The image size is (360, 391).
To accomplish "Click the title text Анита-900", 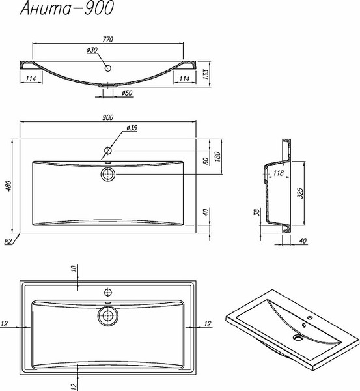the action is coord(67,8).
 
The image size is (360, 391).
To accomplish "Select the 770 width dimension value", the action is coord(107,39).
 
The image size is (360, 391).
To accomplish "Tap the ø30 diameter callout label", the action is coord(92,50).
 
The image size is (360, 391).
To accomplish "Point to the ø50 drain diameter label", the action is coord(127,93).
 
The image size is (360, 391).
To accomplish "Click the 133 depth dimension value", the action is coord(206,74).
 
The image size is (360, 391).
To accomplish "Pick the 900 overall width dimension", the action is coord(107,117).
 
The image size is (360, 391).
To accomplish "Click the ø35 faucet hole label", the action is coord(132,128).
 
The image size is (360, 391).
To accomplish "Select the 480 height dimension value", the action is coord(8,186).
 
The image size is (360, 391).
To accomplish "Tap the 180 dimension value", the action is coord(217,156).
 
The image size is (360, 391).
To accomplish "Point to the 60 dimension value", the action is coord(206,161).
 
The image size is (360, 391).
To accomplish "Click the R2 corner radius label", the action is coord(8,241).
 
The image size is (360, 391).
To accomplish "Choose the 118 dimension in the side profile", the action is coord(278,173).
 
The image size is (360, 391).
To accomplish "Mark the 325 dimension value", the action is coord(301,193).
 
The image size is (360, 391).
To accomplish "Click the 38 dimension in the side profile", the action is coord(257,212).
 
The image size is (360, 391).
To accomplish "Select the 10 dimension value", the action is coord(74,268).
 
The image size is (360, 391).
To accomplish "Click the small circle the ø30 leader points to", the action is coord(108,68).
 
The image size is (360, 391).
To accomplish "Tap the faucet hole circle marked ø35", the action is coord(108,151).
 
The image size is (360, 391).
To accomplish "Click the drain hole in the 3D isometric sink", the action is coord(298,338).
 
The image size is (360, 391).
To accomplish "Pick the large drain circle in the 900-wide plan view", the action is coord(108,174).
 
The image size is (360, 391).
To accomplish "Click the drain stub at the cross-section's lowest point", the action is coord(108,85).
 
